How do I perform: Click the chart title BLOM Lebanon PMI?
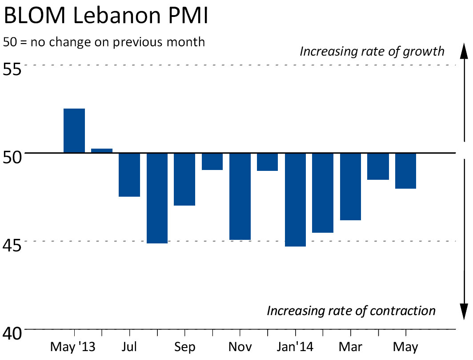pyautogui.click(x=106, y=17)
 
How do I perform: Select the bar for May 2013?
pyautogui.click(x=74, y=131)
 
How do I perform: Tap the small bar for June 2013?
pyautogui.click(x=102, y=150)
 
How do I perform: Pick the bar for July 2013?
pyautogui.click(x=129, y=174)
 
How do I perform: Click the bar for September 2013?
pyautogui.click(x=184, y=179)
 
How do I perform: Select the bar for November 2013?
pyautogui.click(x=240, y=196)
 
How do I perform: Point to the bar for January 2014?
pyautogui.click(x=295, y=199)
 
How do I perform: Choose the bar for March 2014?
pyautogui.click(x=350, y=186)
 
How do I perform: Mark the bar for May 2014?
pyautogui.click(x=405, y=171)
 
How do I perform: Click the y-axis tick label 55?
pyautogui.click(x=13, y=70)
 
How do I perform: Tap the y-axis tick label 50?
pyautogui.click(x=13, y=158)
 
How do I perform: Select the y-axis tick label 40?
pyautogui.click(x=13, y=333)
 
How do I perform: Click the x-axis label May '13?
pyautogui.click(x=73, y=346)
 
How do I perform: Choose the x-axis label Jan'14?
pyautogui.click(x=295, y=346)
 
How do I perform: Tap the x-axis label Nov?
pyautogui.click(x=240, y=346)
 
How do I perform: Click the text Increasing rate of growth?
pyautogui.click(x=372, y=51)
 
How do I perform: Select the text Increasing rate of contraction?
pyautogui.click(x=351, y=310)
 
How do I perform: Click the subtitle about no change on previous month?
pyautogui.click(x=104, y=42)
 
